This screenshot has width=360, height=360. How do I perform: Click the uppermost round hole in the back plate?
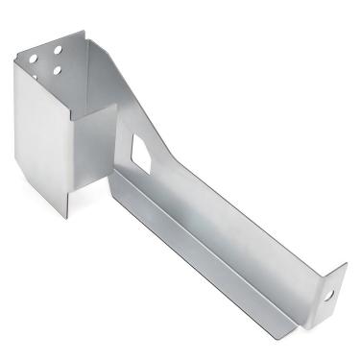(58, 47)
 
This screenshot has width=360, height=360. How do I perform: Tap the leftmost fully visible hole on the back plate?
(35, 59)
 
